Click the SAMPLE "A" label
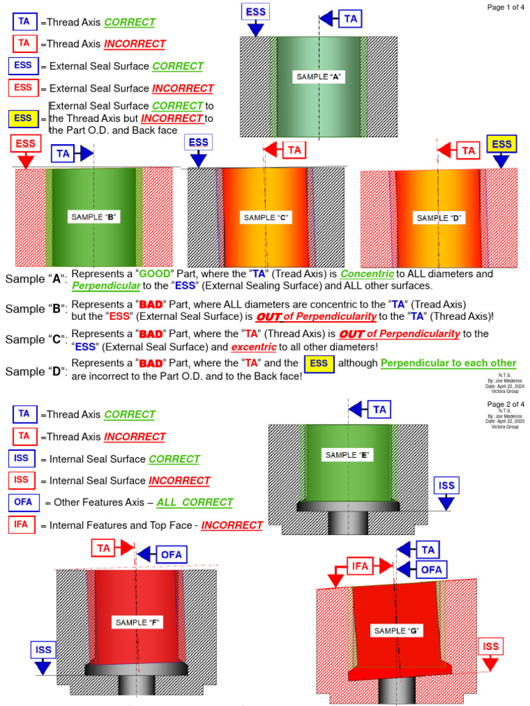click(x=320, y=77)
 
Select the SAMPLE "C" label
click(x=265, y=218)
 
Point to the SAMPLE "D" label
click(x=438, y=218)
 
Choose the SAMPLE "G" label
click(x=397, y=631)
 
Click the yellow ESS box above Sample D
click(x=502, y=144)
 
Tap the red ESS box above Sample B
click(x=26, y=144)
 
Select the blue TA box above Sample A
click(x=351, y=19)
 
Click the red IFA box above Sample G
click(x=362, y=566)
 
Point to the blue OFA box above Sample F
click(x=171, y=554)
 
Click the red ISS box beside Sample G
click(x=491, y=647)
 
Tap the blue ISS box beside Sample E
click(x=446, y=485)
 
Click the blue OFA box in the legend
click(x=23, y=502)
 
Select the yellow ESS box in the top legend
click(x=23, y=119)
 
